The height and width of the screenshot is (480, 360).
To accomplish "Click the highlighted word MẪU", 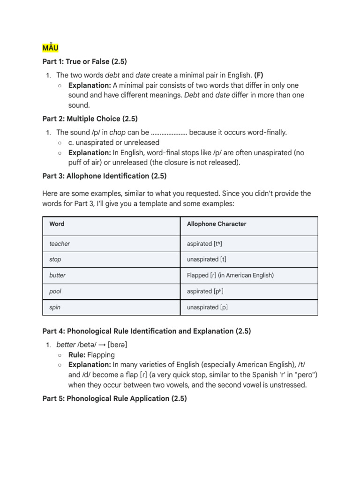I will coord(50,48).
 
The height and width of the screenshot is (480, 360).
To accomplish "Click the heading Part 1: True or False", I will coord(84,61).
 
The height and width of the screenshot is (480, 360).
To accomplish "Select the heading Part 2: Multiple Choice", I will coord(90,119).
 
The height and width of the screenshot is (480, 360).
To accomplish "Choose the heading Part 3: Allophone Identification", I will coord(105,176).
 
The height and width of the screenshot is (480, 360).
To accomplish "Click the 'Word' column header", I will coord(57,224).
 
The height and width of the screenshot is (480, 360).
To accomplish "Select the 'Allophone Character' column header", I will coord(216,224).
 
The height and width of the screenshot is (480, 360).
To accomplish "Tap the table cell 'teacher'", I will coord(60,244).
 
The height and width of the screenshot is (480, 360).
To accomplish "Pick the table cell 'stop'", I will coord(55,259).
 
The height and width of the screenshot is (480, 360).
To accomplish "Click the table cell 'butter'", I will coord(57,275).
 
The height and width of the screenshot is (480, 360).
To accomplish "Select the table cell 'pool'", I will coord(55,291).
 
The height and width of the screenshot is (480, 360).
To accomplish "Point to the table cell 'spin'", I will coord(55,307).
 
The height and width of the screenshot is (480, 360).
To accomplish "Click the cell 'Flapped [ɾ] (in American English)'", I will coord(230,275).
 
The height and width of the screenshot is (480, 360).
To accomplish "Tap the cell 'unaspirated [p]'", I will coord(207,307).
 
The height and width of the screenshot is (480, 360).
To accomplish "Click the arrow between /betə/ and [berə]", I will coord(101,345).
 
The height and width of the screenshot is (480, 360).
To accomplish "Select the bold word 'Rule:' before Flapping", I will coord(77,355).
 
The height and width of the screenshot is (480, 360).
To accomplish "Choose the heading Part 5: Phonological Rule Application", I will coord(114,398).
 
